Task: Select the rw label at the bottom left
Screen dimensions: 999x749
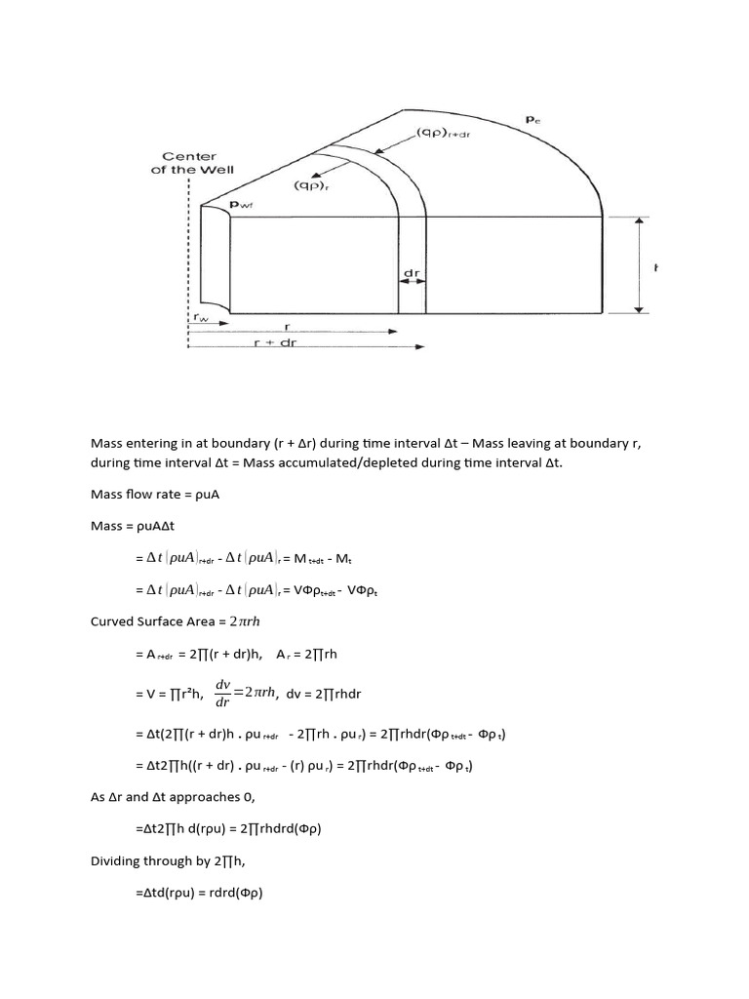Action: pos(201,316)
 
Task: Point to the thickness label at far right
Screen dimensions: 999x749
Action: pos(655,267)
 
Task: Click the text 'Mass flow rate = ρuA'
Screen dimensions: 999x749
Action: pos(155,495)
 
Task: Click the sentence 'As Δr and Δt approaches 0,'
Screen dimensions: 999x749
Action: pos(171,797)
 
